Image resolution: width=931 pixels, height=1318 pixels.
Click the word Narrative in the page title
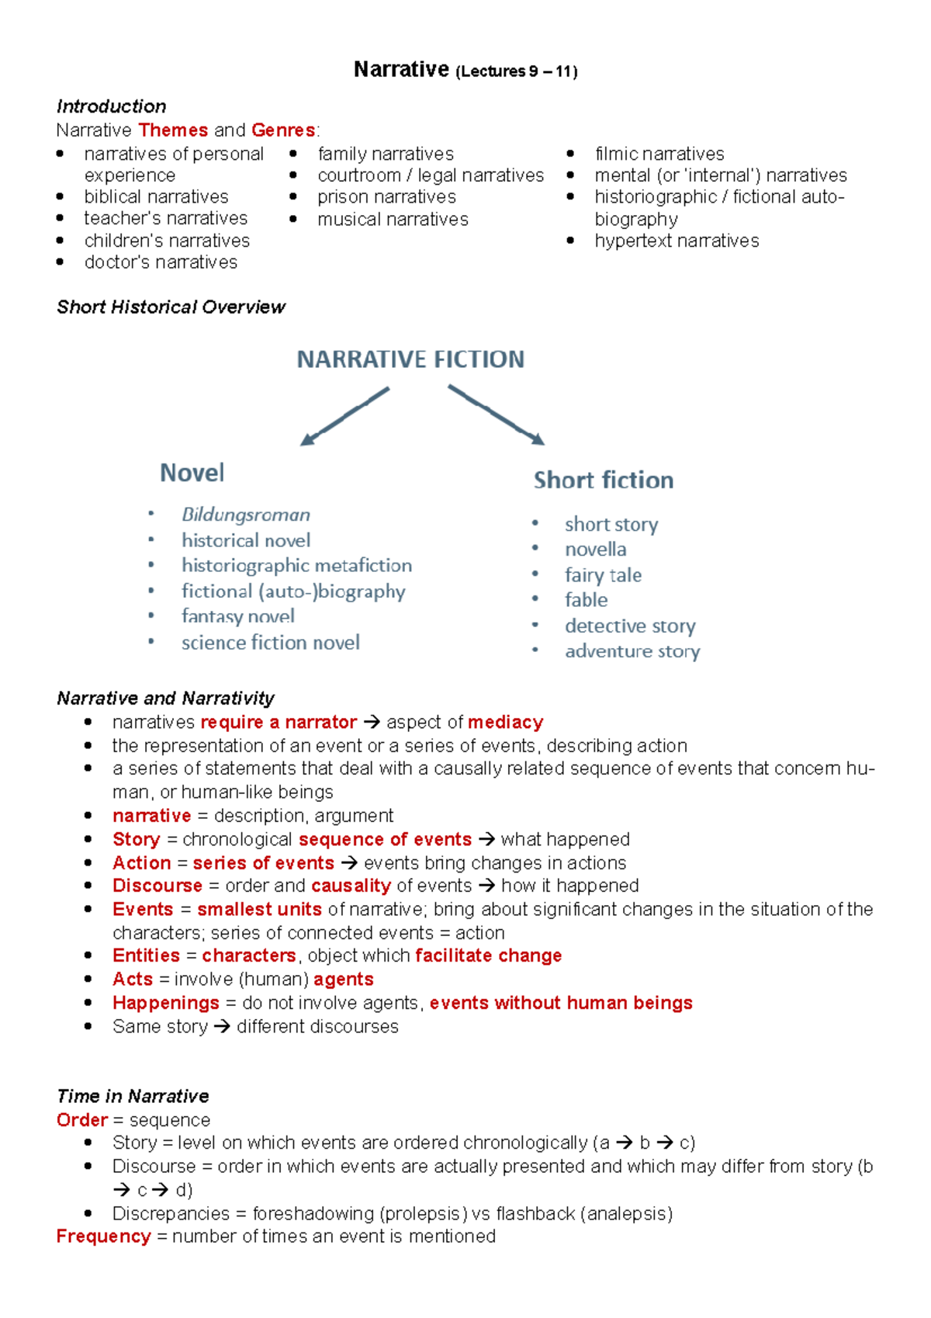click(400, 70)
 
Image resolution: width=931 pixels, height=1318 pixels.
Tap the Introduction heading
click(111, 106)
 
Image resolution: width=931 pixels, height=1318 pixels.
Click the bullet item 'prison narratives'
click(386, 197)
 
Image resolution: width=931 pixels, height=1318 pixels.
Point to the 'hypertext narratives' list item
click(677, 241)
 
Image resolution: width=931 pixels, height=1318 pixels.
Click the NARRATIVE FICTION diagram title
click(410, 359)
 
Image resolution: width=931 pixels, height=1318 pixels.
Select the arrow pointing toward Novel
click(344, 417)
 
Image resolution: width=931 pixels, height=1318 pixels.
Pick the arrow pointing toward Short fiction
click(497, 415)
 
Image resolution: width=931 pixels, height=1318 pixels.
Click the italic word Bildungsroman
click(246, 515)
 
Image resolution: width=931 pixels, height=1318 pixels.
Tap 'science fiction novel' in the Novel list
click(270, 643)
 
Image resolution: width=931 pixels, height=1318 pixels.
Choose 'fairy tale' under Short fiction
click(603, 575)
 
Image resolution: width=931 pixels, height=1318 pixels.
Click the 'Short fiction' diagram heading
click(603, 480)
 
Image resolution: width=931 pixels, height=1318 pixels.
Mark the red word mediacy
click(505, 722)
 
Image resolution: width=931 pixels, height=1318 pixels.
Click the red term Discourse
click(157, 886)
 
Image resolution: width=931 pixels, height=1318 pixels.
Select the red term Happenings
click(165, 1003)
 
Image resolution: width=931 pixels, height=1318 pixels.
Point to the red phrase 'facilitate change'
click(488, 956)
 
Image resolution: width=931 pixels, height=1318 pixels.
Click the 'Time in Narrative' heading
click(133, 1096)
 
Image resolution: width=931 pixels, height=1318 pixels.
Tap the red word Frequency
click(103, 1236)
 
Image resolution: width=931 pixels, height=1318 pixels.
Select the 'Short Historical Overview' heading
click(171, 307)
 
